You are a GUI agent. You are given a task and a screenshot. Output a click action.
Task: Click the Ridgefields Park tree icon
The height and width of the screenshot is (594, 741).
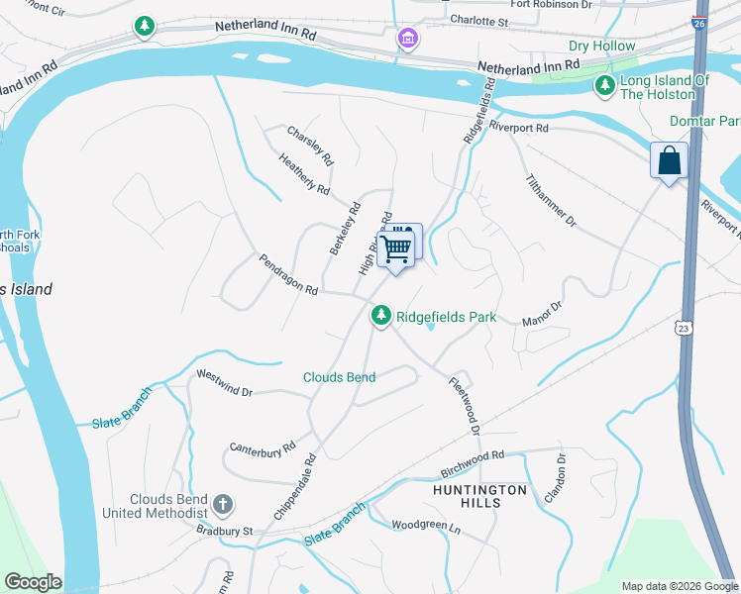tap(380, 316)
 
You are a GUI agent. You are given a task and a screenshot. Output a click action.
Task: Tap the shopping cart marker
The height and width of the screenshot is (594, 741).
tap(396, 247)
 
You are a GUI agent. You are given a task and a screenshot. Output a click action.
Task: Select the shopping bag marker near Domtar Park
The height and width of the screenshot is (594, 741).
tap(669, 160)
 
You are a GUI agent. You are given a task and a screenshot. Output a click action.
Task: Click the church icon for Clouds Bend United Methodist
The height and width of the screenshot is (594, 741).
tap(223, 504)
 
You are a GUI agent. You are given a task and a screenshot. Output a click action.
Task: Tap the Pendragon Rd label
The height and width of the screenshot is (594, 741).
tap(288, 276)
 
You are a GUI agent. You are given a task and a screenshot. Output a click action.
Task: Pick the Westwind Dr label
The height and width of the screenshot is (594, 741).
tap(224, 384)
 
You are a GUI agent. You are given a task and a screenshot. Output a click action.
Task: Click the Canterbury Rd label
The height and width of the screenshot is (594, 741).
tap(263, 447)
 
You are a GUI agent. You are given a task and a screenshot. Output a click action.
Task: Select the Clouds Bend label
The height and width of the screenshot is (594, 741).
tap(340, 377)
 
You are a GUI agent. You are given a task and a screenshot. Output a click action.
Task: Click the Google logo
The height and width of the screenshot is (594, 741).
tap(33, 582)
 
